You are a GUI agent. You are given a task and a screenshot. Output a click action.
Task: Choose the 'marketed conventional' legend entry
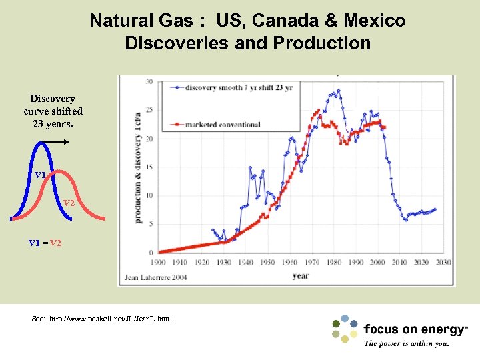coord(223,125)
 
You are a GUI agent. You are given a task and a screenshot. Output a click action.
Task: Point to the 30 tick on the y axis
coord(149,82)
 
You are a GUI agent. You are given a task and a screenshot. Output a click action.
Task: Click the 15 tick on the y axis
coord(149,167)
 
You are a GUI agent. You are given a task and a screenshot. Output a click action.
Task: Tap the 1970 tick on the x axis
coord(312,263)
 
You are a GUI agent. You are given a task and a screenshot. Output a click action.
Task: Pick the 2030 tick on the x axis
coord(443,263)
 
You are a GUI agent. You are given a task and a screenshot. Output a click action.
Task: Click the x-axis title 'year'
coord(301,275)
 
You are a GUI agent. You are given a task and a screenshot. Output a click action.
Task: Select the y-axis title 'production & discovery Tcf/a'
coord(138,168)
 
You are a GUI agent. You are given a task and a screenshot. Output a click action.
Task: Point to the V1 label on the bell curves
coord(41,175)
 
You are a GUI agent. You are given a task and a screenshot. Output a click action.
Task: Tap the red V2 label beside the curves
coord(69,203)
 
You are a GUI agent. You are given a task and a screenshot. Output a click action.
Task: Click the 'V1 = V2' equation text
coord(45,243)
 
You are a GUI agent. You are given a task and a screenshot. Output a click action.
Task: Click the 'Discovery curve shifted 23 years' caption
coord(53,111)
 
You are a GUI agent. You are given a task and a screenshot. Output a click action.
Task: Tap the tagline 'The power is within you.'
coord(406,344)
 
